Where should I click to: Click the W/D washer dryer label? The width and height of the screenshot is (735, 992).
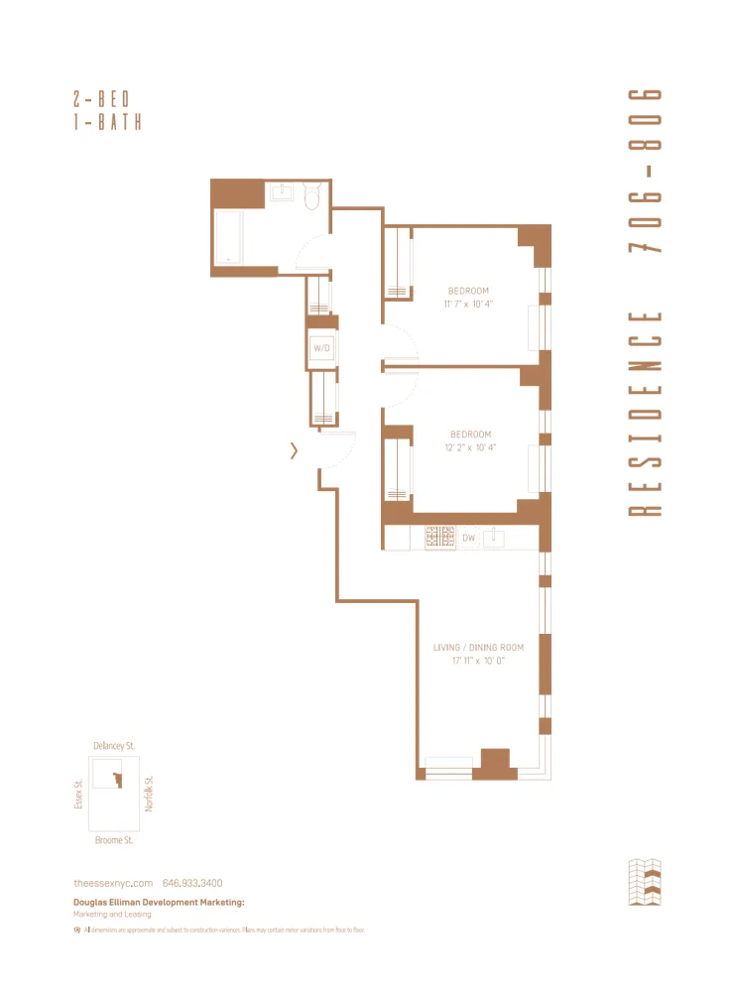point(321,348)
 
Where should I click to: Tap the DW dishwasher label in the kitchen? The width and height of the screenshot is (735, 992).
point(468,538)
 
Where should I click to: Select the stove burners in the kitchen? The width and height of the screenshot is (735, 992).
point(440,538)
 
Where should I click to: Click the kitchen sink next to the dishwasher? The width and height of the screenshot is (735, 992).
point(499,538)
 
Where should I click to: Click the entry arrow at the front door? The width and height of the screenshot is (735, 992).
point(294,451)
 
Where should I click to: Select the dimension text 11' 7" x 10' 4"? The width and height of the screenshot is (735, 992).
point(469,305)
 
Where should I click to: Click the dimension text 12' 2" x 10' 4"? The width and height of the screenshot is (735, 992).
point(470,447)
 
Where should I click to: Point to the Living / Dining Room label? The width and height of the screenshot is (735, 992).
point(478,648)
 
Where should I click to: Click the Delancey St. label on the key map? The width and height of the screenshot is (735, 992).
point(114,745)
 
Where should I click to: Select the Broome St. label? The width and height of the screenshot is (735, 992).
point(114,840)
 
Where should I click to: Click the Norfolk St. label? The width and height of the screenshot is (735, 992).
point(150,793)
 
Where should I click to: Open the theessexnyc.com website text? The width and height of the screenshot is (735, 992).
point(113,883)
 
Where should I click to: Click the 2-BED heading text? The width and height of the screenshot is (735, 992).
point(102,99)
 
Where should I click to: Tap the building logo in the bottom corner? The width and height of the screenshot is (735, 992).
point(645,883)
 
